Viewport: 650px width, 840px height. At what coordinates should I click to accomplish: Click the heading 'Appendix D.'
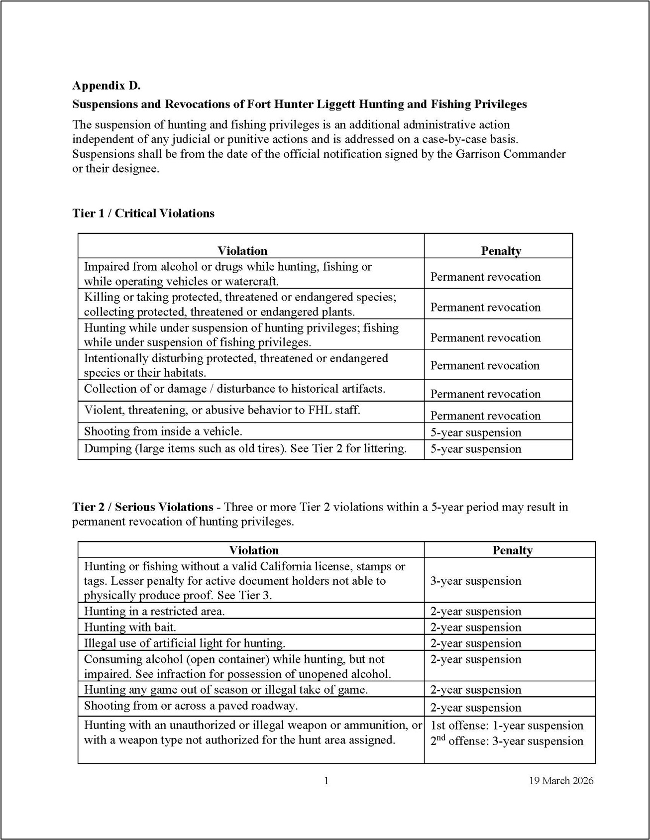[x=107, y=86]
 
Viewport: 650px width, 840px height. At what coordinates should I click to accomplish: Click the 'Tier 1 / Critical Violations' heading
[x=143, y=213]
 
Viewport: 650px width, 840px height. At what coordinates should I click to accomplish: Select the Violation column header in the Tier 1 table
[x=242, y=251]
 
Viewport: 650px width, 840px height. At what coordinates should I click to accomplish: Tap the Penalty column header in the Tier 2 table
[x=512, y=550]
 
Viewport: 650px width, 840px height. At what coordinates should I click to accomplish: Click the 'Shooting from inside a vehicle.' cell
[x=163, y=431]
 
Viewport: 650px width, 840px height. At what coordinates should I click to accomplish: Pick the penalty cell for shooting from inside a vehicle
[x=476, y=432]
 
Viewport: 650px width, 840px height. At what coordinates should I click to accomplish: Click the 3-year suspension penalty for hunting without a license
[x=476, y=581]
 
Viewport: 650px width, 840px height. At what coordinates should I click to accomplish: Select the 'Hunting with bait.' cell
[x=130, y=627]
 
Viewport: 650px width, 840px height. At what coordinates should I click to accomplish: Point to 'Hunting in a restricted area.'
[x=154, y=611]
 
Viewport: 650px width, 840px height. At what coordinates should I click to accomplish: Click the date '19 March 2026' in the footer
[x=561, y=780]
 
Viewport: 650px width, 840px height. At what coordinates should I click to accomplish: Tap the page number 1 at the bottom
[x=326, y=780]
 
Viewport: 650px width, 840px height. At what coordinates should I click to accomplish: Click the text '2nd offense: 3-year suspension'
[x=507, y=741]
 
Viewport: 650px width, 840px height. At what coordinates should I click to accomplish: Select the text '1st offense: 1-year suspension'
[x=507, y=726]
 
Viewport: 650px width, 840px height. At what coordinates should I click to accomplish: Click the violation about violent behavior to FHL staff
[x=222, y=411]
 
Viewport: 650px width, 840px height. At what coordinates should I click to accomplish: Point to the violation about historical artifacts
[x=234, y=389]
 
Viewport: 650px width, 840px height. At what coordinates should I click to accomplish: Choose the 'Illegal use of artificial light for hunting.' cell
[x=185, y=643]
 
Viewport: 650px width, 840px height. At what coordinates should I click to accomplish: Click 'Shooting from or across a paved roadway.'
[x=191, y=706]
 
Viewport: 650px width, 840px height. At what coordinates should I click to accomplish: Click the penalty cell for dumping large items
[x=476, y=449]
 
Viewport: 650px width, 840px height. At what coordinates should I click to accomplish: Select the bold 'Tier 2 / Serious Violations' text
[x=143, y=507]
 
